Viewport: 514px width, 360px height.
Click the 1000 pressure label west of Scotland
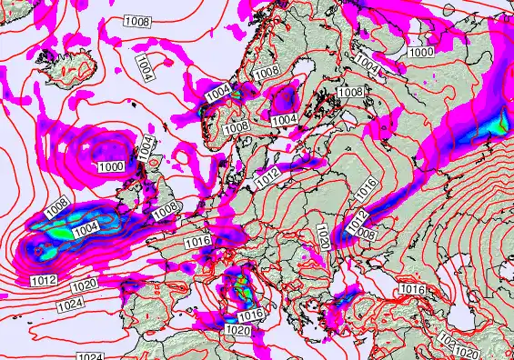tap(112, 166)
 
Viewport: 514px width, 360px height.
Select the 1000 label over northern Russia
tap(421, 53)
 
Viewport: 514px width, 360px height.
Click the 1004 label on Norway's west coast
tap(218, 91)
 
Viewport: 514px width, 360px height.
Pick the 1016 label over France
tap(197, 241)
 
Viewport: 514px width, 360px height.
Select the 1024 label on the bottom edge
tap(90, 355)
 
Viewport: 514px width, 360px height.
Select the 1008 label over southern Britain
tap(166, 211)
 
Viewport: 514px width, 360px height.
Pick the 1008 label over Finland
tap(350, 92)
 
